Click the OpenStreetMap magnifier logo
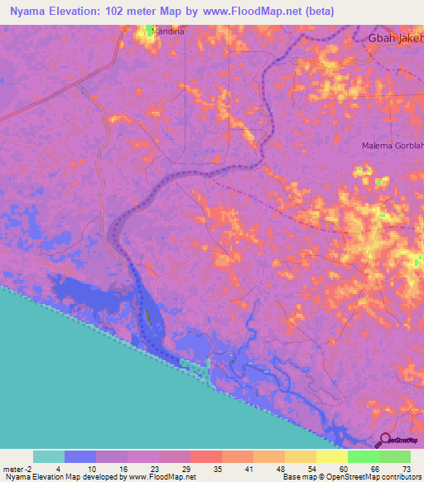click(x=384, y=440)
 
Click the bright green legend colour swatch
click(x=363, y=456)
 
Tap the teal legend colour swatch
click(x=49, y=456)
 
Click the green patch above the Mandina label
click(x=151, y=31)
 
